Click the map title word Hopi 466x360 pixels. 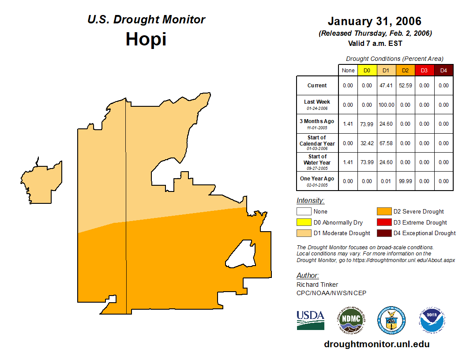146,39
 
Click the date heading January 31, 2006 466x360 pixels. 374,21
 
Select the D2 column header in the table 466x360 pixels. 405,71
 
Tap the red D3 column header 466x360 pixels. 424,71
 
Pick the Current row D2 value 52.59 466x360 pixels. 405,86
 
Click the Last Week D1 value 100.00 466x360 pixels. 386,105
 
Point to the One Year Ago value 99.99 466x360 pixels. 405,181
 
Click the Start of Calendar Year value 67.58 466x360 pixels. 386,143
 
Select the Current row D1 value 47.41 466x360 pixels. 386,86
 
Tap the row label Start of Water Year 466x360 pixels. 317,160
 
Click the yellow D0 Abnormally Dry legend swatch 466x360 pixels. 303,222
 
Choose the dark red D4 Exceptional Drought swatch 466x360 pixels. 383,233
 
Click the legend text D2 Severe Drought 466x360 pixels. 418,212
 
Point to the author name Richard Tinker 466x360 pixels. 317,285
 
